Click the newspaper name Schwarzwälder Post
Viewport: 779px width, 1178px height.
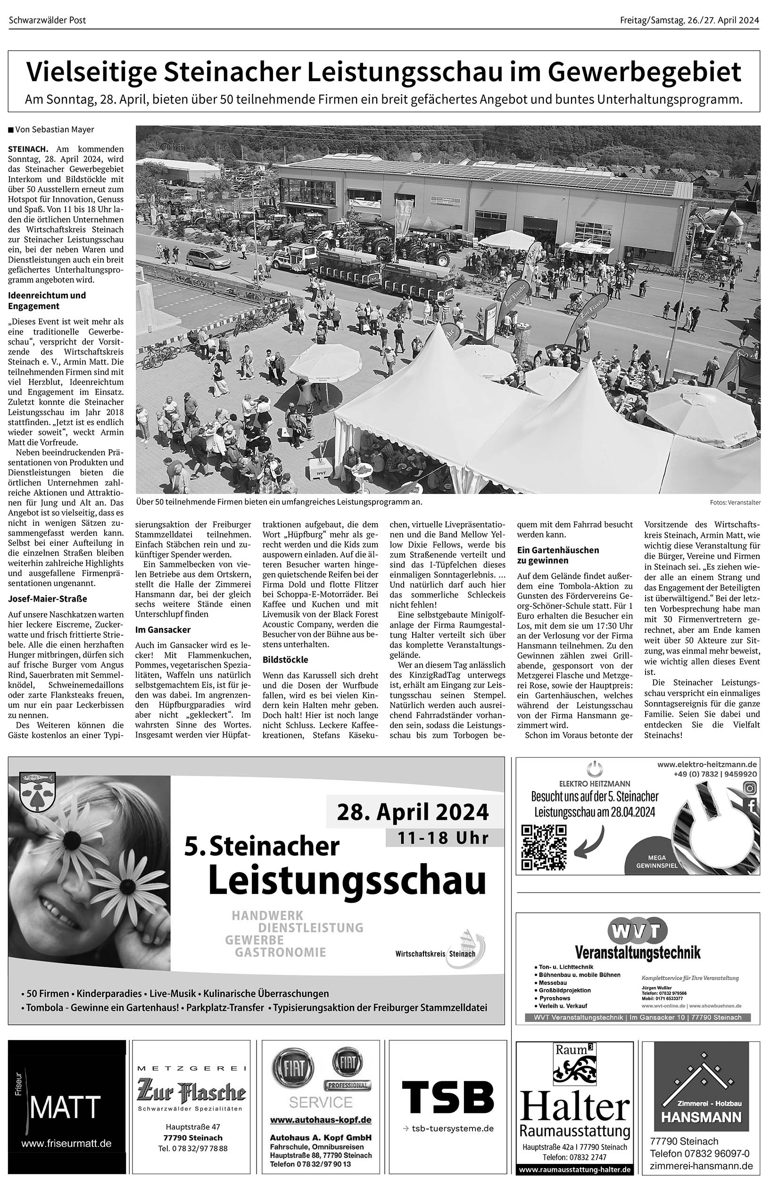(x=48, y=20)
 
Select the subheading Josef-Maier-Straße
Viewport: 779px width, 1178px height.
(x=47, y=599)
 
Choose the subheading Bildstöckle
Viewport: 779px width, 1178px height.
(x=285, y=660)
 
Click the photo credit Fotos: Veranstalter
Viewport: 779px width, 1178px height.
(x=735, y=502)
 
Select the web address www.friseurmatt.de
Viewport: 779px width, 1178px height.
(x=66, y=1144)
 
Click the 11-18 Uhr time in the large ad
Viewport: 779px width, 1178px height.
(x=444, y=838)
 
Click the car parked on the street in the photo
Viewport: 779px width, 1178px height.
(x=208, y=257)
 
